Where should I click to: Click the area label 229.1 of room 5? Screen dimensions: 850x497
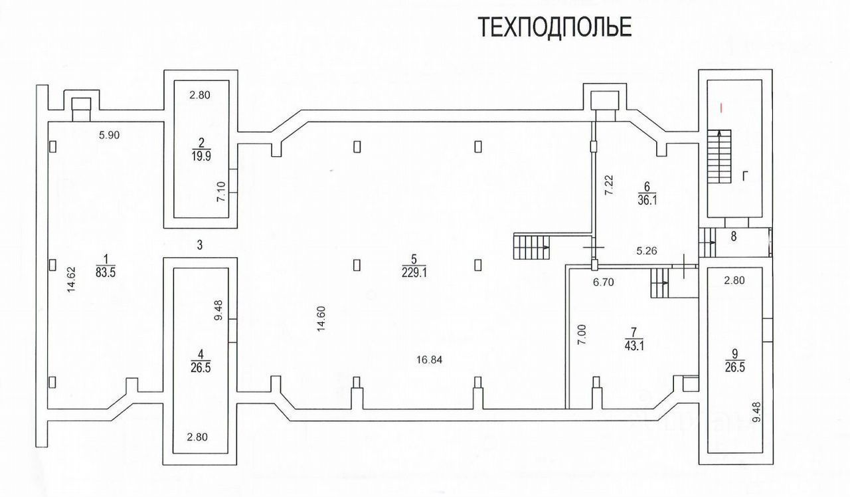point(413,272)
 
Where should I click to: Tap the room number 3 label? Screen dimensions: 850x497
point(199,245)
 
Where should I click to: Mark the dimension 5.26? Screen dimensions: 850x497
point(647,251)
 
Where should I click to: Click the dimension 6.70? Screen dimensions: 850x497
point(603,282)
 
